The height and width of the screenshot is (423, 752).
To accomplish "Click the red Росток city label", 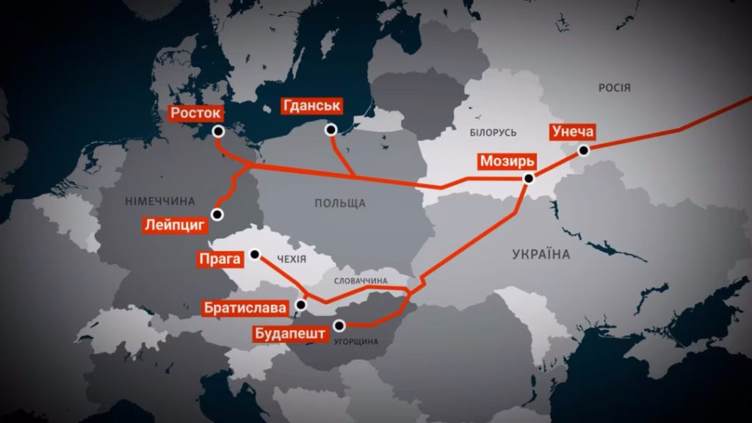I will [195, 113].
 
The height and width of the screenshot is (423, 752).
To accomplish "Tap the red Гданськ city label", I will [312, 106].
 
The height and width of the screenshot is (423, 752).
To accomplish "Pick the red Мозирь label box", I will [506, 161].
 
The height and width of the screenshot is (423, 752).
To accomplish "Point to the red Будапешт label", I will [289, 335].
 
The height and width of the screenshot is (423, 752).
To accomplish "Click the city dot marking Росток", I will [217, 131].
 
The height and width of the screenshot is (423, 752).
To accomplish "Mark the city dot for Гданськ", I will [331, 130].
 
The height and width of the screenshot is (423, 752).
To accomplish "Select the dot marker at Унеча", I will [583, 151].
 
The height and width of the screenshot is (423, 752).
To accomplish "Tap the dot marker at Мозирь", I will [529, 178].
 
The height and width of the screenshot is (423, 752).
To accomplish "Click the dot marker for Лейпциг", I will [217, 214].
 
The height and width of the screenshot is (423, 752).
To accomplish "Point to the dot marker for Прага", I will [255, 255].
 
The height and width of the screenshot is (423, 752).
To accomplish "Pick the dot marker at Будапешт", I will [339, 325].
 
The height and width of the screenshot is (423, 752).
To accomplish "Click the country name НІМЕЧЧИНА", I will [160, 201].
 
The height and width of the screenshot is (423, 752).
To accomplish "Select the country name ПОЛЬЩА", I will [340, 203].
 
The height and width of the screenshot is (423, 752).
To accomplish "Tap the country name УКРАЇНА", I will [540, 254].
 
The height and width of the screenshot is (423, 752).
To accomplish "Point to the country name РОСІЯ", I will [614, 88].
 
